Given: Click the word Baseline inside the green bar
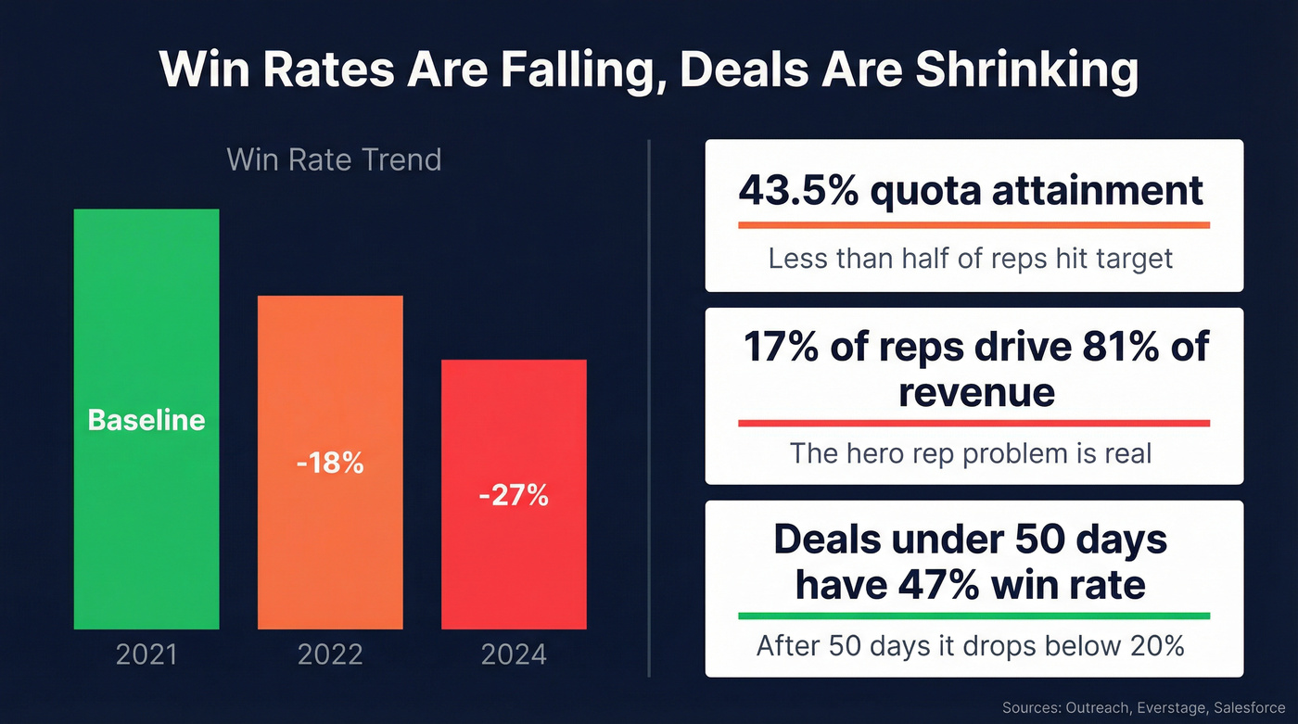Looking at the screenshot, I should pos(146,420).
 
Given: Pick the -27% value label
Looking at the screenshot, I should pos(514,496).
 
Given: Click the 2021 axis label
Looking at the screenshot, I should pos(146,655).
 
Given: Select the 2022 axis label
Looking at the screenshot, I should pos(330,655).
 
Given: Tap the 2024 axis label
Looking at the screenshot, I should pos(514,655).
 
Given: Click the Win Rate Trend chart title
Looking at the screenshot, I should pos(334,159).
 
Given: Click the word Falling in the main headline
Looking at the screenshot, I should pos(571,70).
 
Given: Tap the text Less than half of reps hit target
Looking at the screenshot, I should pos(971,258).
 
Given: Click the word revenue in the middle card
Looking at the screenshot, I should pos(975,391).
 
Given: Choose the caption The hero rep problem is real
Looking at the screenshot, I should pos(971,453).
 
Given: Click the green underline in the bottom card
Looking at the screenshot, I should pos(973,616).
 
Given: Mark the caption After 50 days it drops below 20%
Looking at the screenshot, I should pos(971,645).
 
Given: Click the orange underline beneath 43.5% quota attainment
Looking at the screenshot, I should pos(973,224).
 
